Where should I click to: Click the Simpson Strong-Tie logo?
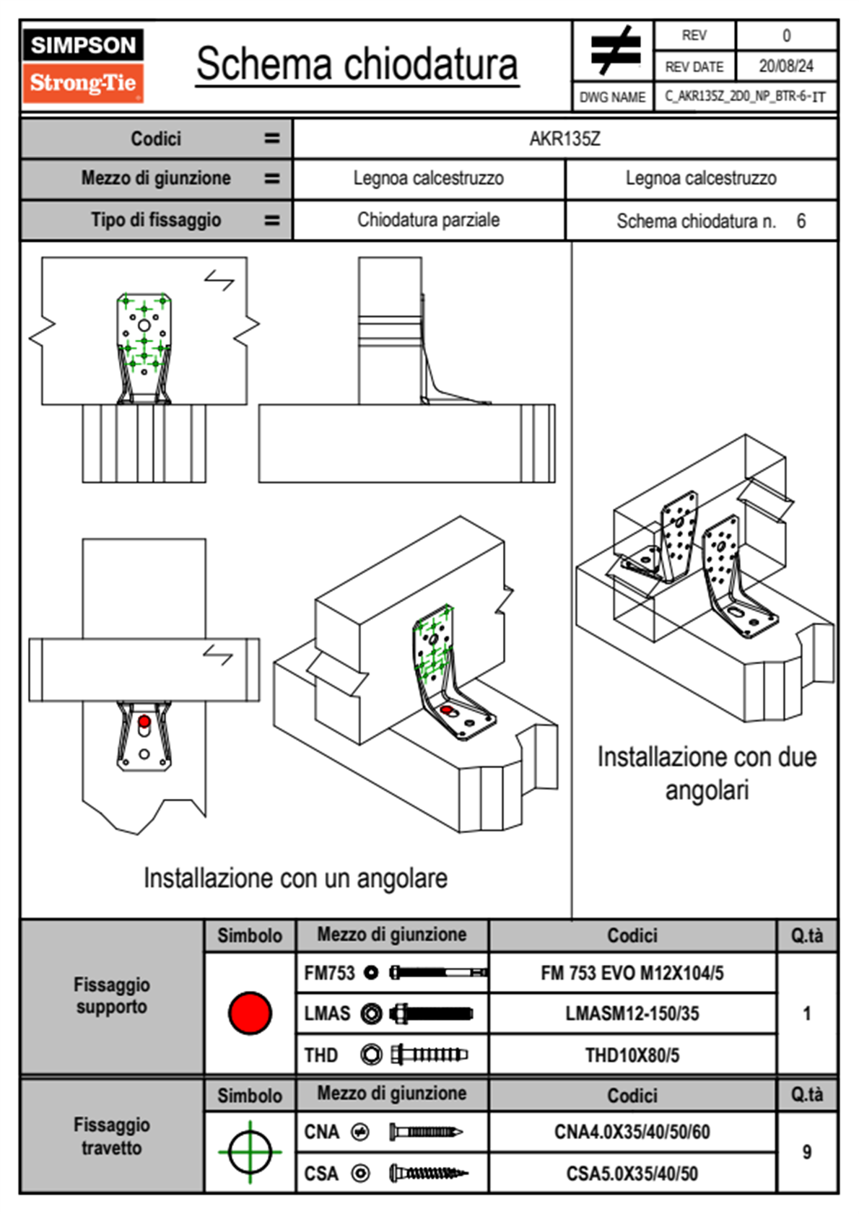pos(82,65)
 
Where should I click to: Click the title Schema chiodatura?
pos(357,64)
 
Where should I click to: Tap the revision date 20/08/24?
pos(785,66)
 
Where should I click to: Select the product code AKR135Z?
pos(564,139)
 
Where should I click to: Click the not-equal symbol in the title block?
pos(614,51)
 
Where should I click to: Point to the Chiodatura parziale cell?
pos(428,220)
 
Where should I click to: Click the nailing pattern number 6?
pos(801,221)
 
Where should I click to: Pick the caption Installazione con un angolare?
pos(295,878)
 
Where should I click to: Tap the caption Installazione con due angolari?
pos(706,773)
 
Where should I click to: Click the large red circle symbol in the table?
pos(250,1013)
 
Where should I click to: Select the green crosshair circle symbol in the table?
pos(250,1152)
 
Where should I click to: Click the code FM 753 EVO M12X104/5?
pos(632,973)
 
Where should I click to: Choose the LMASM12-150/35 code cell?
pos(632,1013)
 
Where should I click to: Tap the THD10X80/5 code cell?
pos(632,1055)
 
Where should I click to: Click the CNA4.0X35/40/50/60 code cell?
pos(632,1132)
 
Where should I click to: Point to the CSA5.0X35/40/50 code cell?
pos(632,1174)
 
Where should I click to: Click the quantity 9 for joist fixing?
pos(806,1152)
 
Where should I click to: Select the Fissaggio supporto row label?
pos(112,995)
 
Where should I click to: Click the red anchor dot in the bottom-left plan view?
pos(144,721)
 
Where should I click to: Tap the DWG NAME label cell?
pos(612,97)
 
